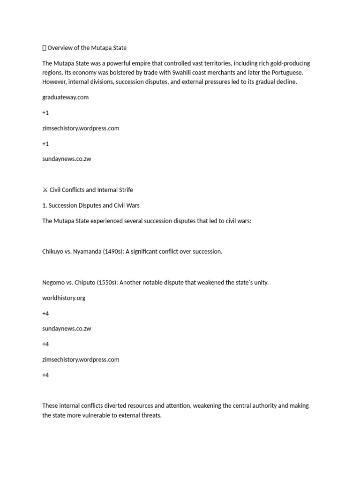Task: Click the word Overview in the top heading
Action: tap(59, 48)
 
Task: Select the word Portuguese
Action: tap(286, 73)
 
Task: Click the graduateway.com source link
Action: tap(65, 97)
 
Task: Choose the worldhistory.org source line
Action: tap(64, 298)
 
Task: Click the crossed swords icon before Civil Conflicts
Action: tap(45, 190)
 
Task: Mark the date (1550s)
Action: tap(112, 283)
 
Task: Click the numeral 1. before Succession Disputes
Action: tap(45, 205)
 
